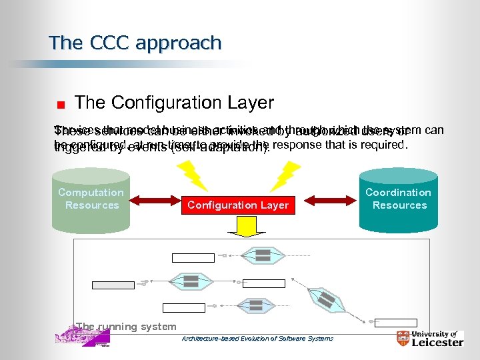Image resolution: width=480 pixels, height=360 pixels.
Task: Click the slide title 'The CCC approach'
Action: click(135, 43)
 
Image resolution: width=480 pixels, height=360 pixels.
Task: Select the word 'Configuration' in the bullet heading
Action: click(156, 103)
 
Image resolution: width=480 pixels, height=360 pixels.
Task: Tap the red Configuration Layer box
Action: click(238, 205)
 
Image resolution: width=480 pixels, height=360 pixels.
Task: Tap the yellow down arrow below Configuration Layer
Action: click(238, 227)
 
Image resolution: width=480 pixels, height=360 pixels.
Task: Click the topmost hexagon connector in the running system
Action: click(263, 255)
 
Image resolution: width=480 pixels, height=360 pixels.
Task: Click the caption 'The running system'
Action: click(126, 327)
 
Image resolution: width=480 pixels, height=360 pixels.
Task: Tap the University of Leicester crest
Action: click(403, 339)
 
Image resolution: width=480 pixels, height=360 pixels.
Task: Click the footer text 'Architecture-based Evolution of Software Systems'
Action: click(257, 339)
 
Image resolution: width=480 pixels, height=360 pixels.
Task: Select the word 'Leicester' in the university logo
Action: click(437, 343)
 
